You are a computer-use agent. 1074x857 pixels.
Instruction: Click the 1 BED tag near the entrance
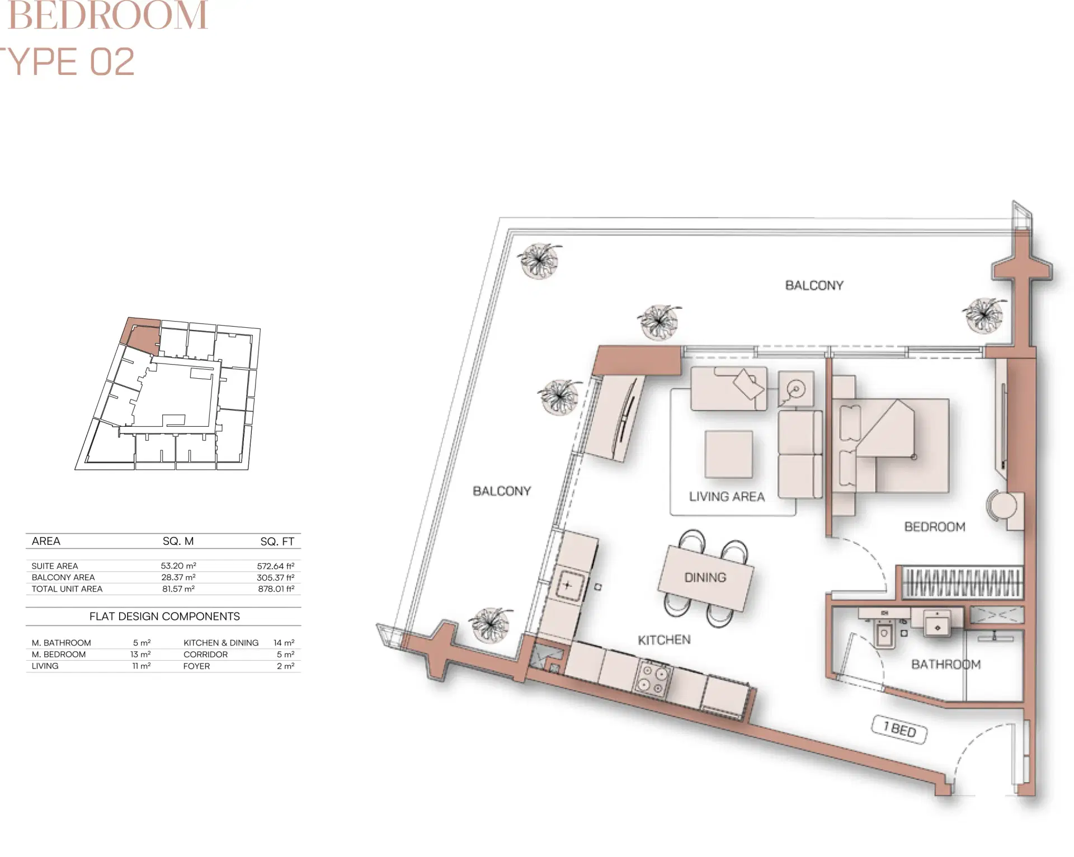click(x=899, y=729)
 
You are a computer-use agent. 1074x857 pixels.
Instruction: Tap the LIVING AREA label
click(x=727, y=497)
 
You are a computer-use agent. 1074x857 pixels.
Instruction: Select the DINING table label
click(x=705, y=577)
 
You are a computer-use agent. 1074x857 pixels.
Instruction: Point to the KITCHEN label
click(x=664, y=639)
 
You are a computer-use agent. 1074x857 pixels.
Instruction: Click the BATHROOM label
click(x=945, y=664)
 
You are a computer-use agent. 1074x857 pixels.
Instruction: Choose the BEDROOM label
click(x=935, y=526)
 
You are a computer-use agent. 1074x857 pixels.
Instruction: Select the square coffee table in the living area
click(x=728, y=454)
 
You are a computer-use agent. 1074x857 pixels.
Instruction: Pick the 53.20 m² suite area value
click(x=178, y=566)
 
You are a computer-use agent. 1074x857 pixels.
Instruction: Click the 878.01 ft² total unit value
click(x=276, y=589)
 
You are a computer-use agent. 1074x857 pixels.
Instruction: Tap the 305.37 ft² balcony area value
click(x=275, y=577)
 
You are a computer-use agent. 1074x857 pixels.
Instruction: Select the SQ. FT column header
click(x=277, y=541)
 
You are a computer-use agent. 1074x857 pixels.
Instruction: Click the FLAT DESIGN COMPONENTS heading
click(x=164, y=616)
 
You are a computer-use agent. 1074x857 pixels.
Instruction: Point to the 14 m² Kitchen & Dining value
click(x=284, y=643)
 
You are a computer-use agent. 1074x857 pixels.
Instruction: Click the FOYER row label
click(x=196, y=666)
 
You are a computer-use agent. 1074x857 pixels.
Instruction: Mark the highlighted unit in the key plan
click(x=142, y=335)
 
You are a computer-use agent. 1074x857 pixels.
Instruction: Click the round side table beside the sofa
click(x=795, y=388)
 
